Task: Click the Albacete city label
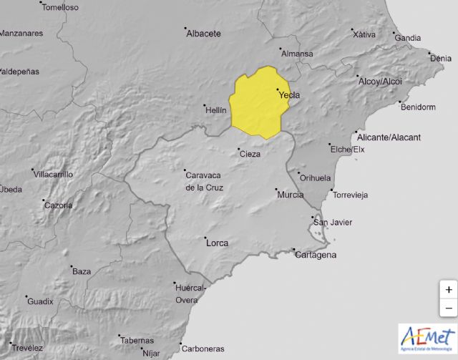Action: point(204,33)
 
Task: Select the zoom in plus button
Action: point(448,290)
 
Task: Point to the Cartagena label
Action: point(316,255)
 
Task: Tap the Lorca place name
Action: point(217,243)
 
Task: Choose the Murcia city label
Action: point(290,195)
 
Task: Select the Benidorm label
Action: point(419,107)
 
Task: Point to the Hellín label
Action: point(215,110)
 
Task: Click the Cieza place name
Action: point(250,154)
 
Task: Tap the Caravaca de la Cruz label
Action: point(204,182)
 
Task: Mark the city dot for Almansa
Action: point(278,49)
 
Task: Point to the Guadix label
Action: point(40,301)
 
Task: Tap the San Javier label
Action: point(333,222)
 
